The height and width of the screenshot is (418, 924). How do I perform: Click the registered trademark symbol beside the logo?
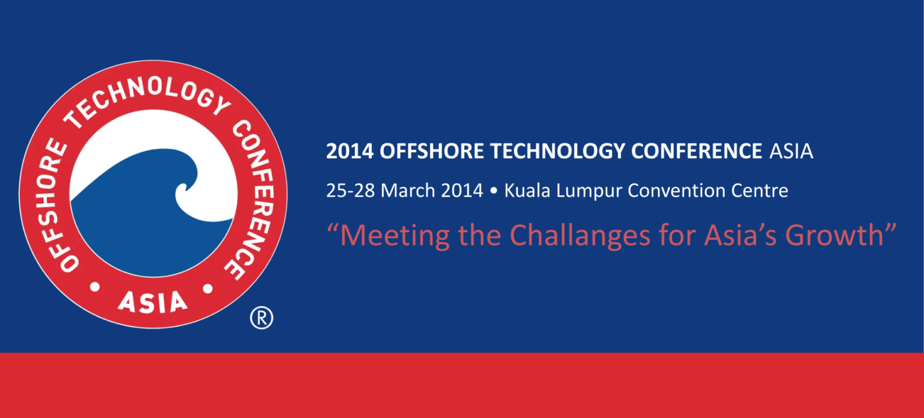tap(262, 318)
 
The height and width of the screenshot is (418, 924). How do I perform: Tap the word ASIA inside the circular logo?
tap(153, 302)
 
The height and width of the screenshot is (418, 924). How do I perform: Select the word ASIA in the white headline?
tap(791, 152)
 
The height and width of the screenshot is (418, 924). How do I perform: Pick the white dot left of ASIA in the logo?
tap(95, 287)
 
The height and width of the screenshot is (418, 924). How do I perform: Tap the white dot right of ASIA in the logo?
tap(208, 289)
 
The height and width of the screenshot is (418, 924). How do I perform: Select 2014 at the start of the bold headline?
tap(350, 152)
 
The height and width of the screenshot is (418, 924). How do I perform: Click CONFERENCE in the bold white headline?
tap(696, 152)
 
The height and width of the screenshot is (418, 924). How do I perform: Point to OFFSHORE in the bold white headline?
tap(431, 152)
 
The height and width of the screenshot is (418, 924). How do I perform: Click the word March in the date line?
tap(407, 191)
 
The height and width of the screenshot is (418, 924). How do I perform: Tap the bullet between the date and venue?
tap(493, 191)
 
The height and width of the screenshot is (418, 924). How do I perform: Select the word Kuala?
tap(527, 191)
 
